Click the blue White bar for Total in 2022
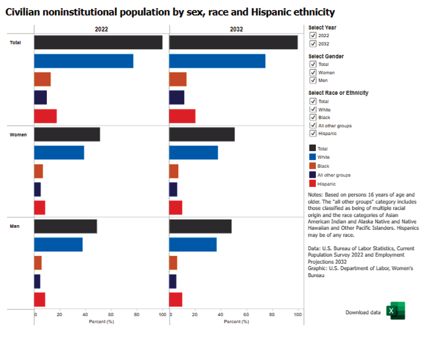click(x=84, y=61)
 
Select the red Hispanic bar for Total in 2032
click(x=182, y=116)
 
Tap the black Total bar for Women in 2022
click(x=67, y=134)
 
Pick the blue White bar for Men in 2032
click(x=193, y=244)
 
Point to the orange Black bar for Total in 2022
click(x=42, y=80)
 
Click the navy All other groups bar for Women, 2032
click(x=173, y=189)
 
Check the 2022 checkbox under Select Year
click(x=313, y=35)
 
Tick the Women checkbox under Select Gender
click(x=313, y=72)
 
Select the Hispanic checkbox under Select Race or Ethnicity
click(x=313, y=133)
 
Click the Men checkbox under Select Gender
click(x=313, y=80)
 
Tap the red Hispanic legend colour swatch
click(x=312, y=184)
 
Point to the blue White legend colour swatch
click(x=312, y=157)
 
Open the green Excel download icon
click(x=397, y=311)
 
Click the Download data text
click(x=363, y=313)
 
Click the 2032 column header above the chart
click(x=236, y=29)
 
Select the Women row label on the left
click(x=19, y=135)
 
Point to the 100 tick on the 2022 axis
click(x=162, y=315)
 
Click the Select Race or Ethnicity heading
click(x=338, y=93)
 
